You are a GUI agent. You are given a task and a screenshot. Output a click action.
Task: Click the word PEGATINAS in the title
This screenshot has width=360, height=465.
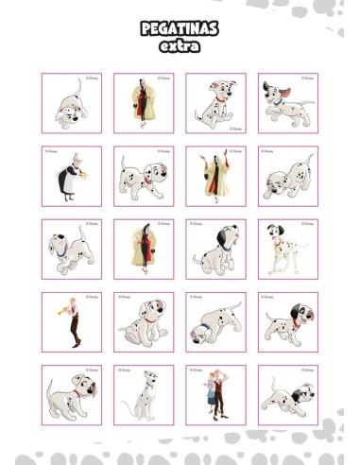(179, 29)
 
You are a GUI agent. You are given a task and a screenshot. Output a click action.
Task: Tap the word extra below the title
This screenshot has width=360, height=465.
(179, 45)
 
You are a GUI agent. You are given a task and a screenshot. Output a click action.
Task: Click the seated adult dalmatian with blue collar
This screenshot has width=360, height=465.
(141, 396)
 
